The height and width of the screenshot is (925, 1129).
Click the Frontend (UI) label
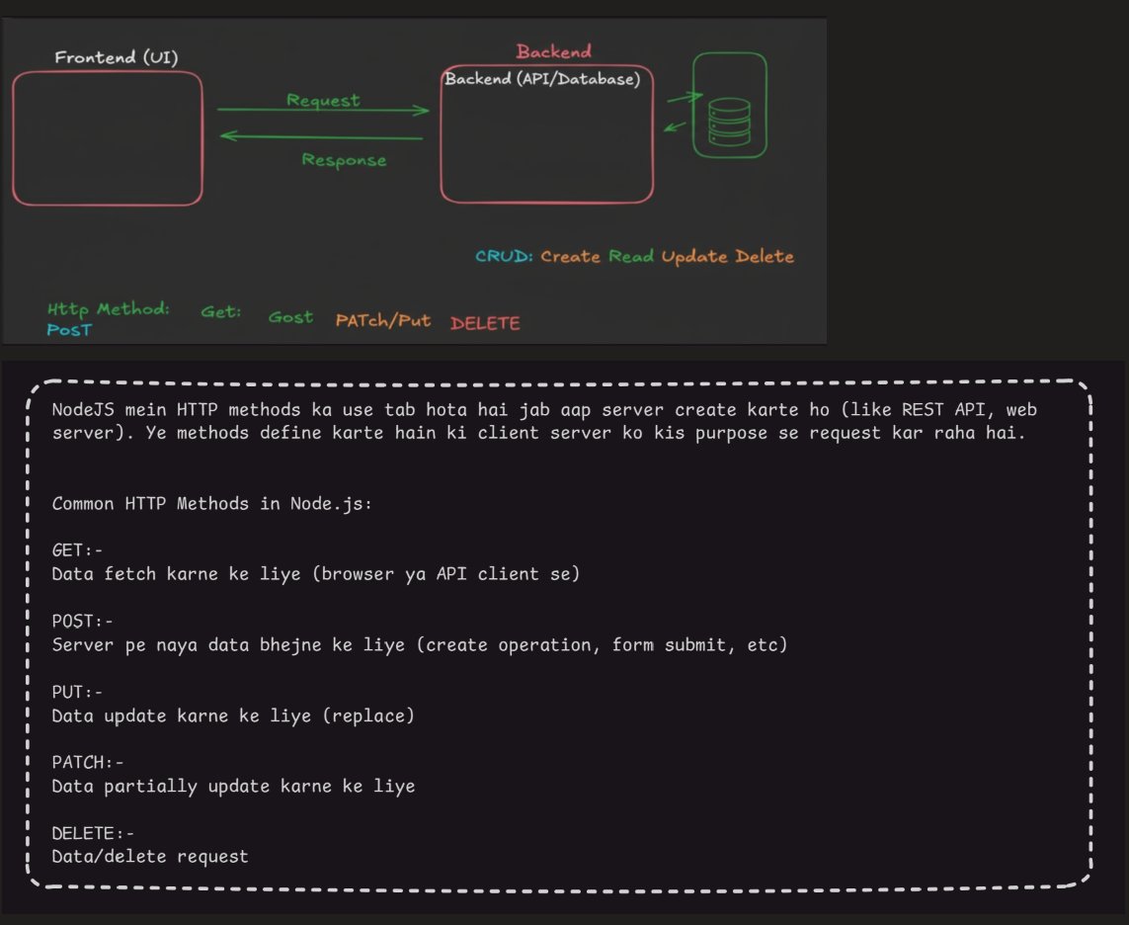[x=117, y=57]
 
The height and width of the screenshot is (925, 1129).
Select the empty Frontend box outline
[x=107, y=138]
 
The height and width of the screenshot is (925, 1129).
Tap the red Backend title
[x=553, y=51]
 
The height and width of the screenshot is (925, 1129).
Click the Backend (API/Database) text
[x=542, y=79]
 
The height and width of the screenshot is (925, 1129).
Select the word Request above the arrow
[x=323, y=100]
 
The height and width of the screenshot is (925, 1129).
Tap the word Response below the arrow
[x=344, y=160]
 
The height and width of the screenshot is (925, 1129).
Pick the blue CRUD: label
[x=504, y=256]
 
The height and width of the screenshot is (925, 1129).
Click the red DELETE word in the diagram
[x=485, y=323]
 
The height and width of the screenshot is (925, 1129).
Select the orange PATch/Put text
[x=383, y=320]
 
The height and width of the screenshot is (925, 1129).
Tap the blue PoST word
[x=69, y=330]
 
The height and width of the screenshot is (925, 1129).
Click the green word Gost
[x=290, y=317]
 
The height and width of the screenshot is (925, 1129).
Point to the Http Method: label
[x=109, y=309]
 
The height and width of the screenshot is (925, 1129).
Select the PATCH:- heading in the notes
[x=88, y=762]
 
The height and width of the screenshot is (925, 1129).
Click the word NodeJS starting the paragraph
[x=80, y=410]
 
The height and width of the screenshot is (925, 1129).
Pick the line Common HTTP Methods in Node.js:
[x=212, y=503]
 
